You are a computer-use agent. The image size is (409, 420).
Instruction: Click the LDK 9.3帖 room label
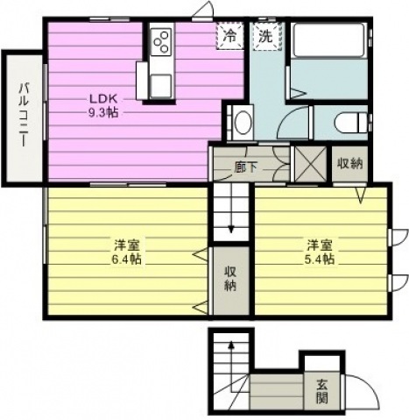pos(103,105)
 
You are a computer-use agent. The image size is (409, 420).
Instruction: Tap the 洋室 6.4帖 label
pos(127,252)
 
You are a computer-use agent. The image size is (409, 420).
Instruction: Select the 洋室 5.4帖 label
pos(320,252)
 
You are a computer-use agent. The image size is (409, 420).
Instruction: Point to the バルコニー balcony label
pos(24,115)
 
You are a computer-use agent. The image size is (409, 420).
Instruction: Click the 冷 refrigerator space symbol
pos(230,36)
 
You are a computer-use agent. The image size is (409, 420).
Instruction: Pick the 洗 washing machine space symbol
pos(267,36)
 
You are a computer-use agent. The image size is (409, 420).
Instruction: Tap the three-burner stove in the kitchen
pos(161,41)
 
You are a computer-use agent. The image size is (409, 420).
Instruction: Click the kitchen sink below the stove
pos(161,85)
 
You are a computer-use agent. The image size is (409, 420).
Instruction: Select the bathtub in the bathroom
pos(328,40)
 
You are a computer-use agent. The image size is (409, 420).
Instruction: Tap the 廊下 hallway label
pos(246,167)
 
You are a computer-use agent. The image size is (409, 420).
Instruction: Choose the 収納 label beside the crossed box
pos(350,164)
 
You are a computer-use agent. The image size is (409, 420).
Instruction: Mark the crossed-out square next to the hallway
pos(311,163)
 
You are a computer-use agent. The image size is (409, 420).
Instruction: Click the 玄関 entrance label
pos(321,391)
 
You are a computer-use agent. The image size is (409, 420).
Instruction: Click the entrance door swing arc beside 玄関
pos(365,385)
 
